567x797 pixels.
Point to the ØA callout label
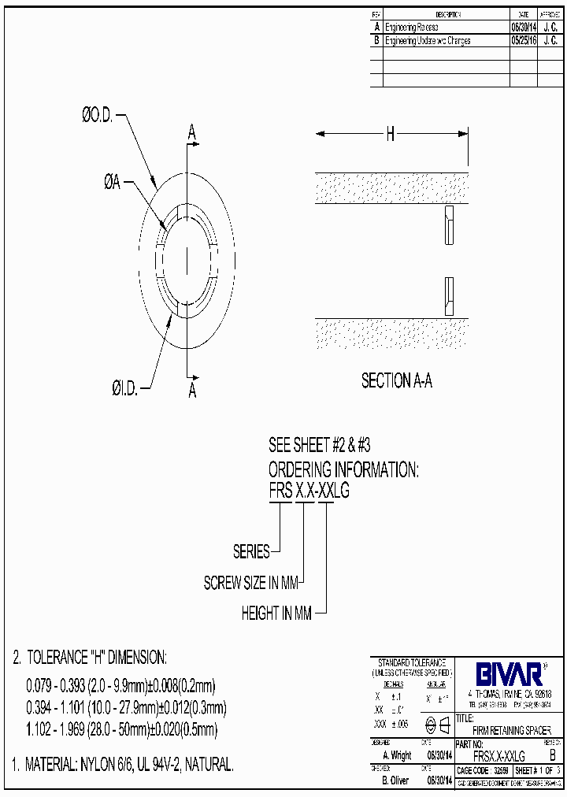pos(112,183)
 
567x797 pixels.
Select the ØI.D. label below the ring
pos(124,387)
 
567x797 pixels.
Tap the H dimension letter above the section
pos(390,135)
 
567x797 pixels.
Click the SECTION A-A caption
pos(396,381)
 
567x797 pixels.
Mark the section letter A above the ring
pos(191,133)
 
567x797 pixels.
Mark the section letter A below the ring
pos(191,391)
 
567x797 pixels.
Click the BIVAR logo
pos(508,673)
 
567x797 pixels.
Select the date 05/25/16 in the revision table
pos(524,40)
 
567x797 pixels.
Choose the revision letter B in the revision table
pos(376,40)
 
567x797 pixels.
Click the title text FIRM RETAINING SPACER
pos(512,730)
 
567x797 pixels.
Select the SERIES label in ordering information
pos(251,552)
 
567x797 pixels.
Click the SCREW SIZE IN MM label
pos(252,584)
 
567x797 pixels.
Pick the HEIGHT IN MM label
pos(276,614)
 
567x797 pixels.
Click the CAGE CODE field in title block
pos(482,770)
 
